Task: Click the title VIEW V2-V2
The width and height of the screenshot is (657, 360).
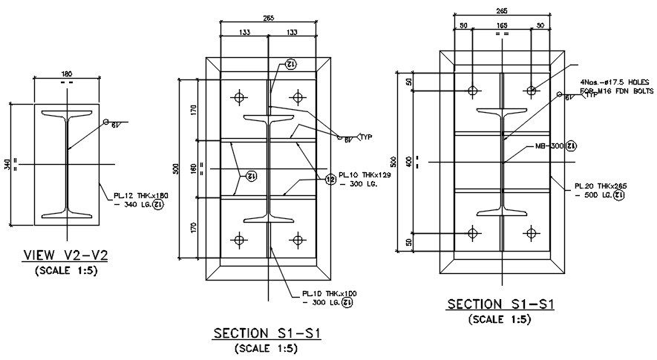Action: point(65,256)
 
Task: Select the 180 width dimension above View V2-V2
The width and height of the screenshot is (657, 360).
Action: point(66,74)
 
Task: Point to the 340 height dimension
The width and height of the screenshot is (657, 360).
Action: point(7,164)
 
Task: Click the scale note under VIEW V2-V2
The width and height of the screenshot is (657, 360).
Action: point(66,270)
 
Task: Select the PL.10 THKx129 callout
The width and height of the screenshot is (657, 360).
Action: point(365,176)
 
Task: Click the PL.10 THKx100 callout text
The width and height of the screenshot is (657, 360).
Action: point(330,294)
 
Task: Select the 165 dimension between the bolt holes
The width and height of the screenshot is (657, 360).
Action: point(502,24)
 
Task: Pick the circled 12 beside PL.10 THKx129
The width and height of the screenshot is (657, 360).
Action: point(329,178)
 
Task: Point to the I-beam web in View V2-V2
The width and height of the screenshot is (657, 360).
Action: point(66,163)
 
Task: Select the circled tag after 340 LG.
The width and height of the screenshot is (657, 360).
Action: point(157,205)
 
